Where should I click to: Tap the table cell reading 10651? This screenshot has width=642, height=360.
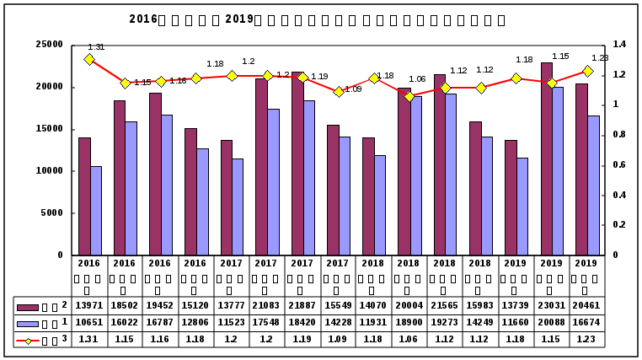89,323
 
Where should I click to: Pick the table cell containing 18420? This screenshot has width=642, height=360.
302,323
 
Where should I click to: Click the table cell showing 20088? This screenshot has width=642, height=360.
552,323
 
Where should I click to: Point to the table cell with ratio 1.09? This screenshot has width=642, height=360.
338,339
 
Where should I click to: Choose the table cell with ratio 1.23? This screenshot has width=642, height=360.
587,339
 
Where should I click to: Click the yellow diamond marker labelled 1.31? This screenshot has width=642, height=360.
89,59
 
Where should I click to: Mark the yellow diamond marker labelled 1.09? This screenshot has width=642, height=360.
338,92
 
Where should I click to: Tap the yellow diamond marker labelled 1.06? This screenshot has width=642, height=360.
409,96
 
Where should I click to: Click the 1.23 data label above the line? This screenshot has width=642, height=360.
600,58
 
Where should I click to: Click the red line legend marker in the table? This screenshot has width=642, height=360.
28,339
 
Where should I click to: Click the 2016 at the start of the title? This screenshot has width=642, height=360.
143,19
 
